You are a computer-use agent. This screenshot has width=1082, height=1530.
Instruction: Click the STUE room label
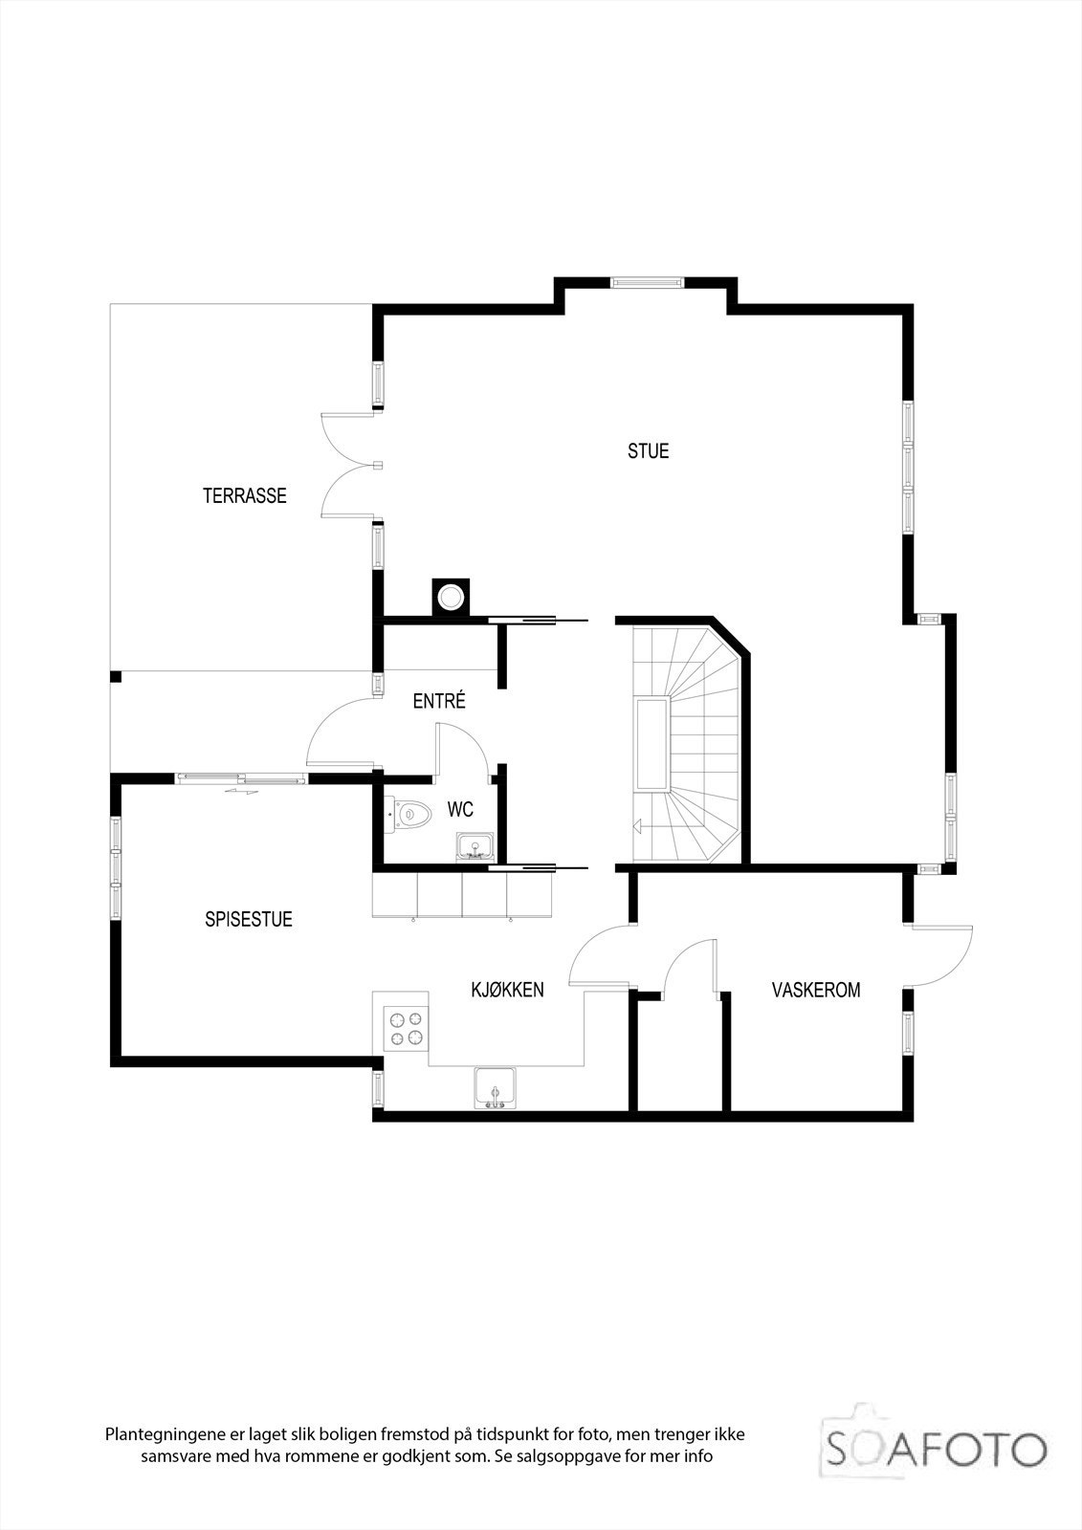coord(648,450)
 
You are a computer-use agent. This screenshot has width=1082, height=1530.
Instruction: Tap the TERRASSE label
coord(244,495)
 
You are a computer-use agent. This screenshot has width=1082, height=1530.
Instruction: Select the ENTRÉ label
coord(439,701)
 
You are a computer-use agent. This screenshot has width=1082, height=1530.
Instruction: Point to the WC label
coord(461,810)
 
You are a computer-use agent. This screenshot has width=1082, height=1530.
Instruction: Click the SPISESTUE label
coord(249,919)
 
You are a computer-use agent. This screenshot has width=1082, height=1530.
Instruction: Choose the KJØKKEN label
coord(507,989)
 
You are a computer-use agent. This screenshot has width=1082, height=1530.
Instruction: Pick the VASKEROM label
coord(815,990)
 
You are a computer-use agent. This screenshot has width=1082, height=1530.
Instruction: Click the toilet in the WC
coord(409,815)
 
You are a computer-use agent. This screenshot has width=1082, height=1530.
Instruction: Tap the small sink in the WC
coord(474,845)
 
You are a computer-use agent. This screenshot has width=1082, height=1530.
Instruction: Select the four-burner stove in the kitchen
coord(404,1027)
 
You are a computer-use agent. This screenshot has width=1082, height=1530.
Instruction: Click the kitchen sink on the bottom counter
coord(495,1087)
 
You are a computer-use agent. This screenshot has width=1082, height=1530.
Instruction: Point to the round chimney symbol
coord(450,598)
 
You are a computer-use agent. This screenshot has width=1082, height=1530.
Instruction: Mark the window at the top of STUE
coord(647,282)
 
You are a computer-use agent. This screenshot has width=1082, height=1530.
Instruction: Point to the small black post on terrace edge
coord(116,677)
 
